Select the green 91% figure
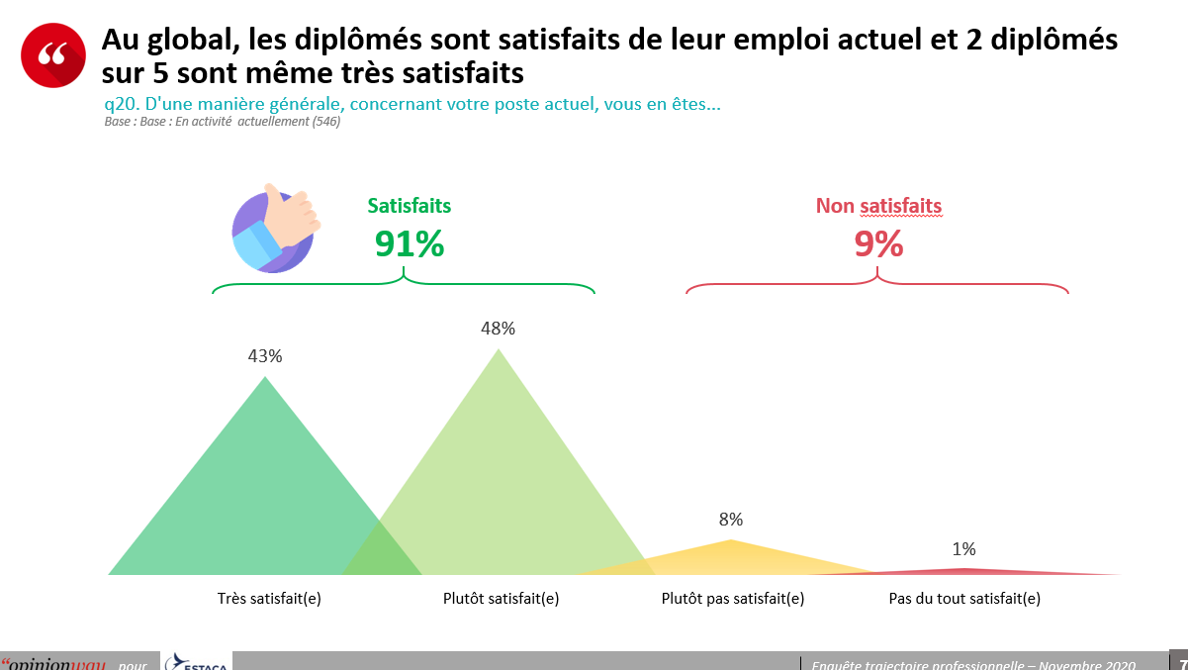pyautogui.click(x=409, y=243)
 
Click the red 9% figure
pyautogui.click(x=878, y=243)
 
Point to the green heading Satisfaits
pyautogui.click(x=410, y=206)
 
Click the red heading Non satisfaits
pyautogui.click(x=878, y=206)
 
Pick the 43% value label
pyautogui.click(x=265, y=356)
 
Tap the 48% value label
pyautogui.click(x=498, y=329)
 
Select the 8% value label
pyautogui.click(x=731, y=520)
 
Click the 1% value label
pyautogui.click(x=963, y=549)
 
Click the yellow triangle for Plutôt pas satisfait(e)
pyautogui.click(x=731, y=556)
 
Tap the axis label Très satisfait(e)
pyautogui.click(x=269, y=599)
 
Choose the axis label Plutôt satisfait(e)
pyautogui.click(x=502, y=599)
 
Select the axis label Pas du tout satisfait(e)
pyautogui.click(x=964, y=599)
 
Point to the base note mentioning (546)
pyautogui.click(x=223, y=122)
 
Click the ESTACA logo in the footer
pyautogui.click(x=197, y=661)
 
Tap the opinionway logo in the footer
pyautogui.click(x=54, y=663)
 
